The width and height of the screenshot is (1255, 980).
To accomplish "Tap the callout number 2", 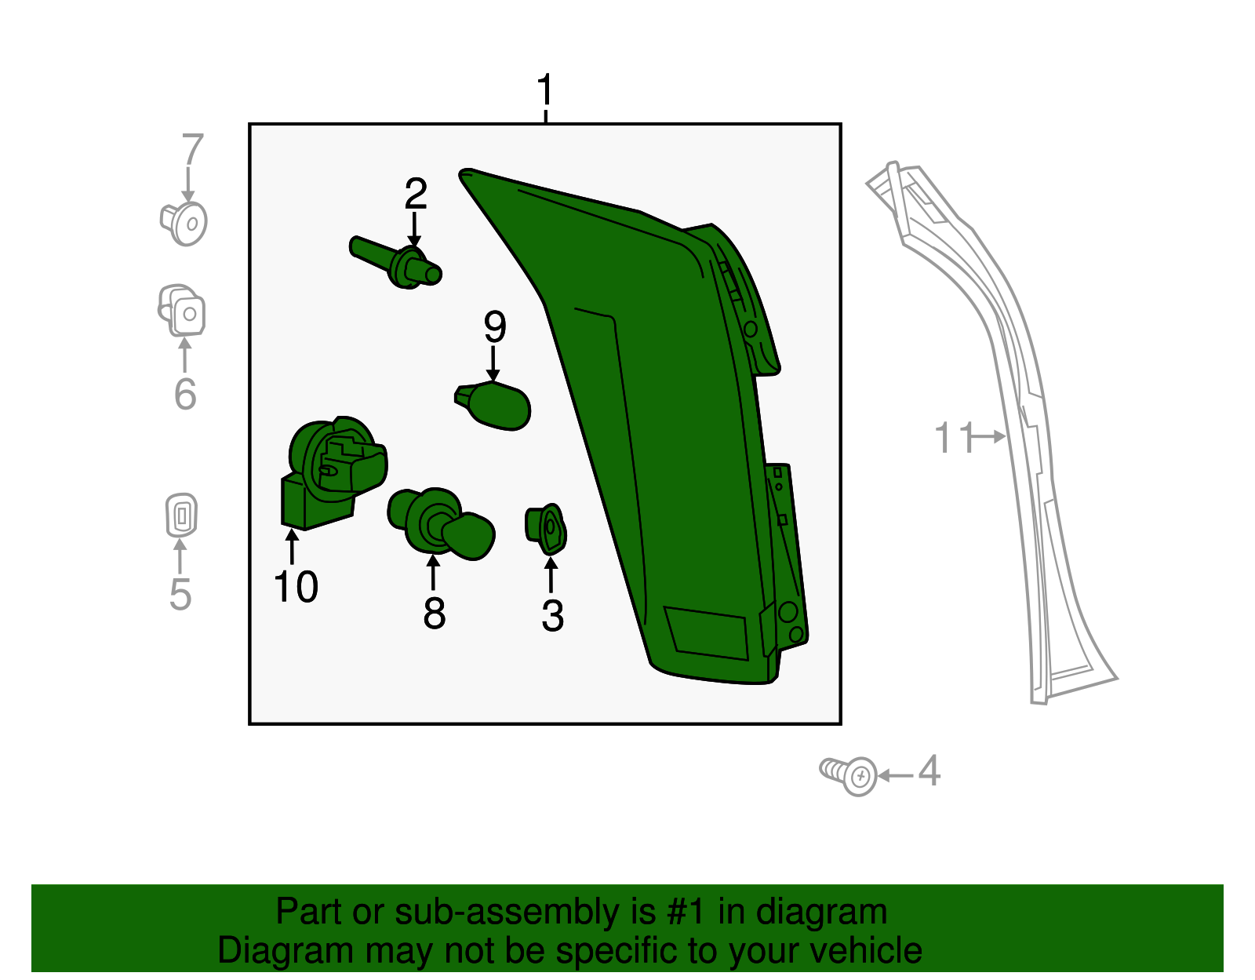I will (416, 193).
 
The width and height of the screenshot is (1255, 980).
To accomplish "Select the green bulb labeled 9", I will (497, 406).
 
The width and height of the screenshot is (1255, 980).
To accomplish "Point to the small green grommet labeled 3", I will (547, 529).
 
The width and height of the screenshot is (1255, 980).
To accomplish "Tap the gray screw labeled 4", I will (849, 775).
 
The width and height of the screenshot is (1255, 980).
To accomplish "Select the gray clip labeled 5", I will (181, 516).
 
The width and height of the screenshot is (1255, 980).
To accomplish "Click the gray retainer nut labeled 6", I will (182, 310).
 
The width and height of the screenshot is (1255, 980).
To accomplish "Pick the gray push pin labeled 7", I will (184, 223).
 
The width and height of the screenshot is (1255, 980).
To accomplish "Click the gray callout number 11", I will (953, 438).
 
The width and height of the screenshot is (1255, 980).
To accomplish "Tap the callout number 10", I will (296, 587).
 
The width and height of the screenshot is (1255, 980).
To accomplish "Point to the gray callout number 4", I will (929, 771).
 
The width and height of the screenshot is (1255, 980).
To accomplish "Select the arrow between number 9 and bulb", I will (493, 364).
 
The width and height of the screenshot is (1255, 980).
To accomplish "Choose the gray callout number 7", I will (192, 149).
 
